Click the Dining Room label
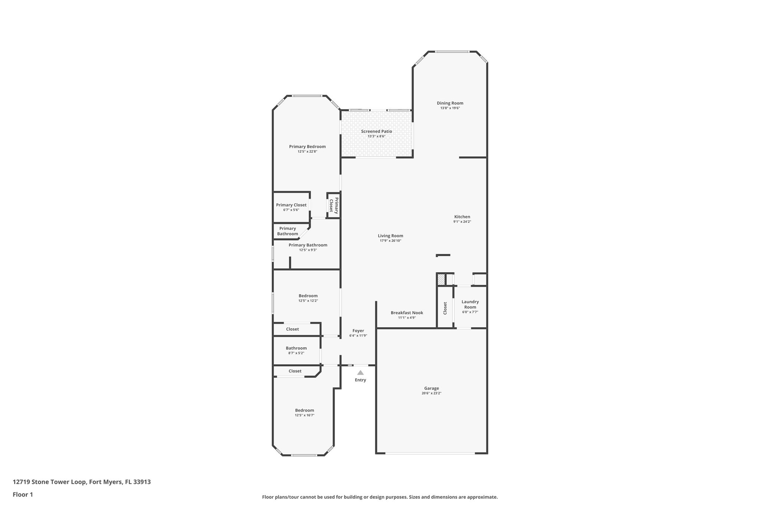point(450,103)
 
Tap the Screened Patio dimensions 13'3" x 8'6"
point(376,136)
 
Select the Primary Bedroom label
point(307,147)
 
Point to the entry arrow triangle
point(360,373)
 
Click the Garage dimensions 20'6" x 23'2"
point(431,393)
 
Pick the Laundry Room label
point(470,304)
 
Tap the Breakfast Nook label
point(407,313)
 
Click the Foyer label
point(358,331)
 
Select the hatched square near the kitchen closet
point(441,279)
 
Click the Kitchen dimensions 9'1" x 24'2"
point(462,222)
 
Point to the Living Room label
point(390,236)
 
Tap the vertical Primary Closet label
point(334,205)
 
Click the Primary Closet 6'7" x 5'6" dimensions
point(291,210)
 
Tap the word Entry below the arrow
point(360,380)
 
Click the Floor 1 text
point(23,495)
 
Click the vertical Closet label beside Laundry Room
point(445,308)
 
